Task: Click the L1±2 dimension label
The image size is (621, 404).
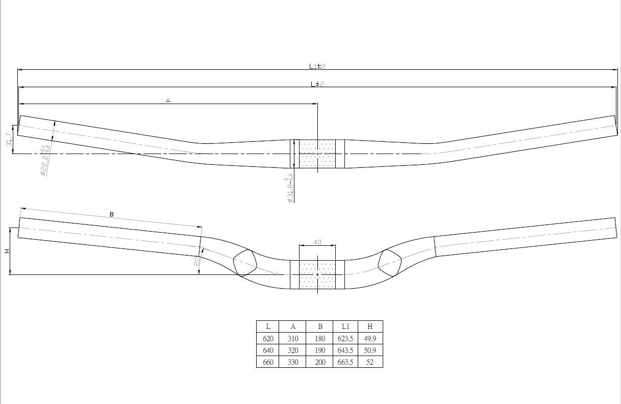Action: click(x=317, y=66)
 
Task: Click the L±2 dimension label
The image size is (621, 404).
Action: click(x=317, y=84)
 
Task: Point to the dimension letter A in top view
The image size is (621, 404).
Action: click(x=168, y=101)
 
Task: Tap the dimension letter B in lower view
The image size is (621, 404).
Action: click(x=111, y=215)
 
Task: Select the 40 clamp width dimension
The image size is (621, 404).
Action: click(x=317, y=243)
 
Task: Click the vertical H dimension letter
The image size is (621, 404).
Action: click(x=7, y=251)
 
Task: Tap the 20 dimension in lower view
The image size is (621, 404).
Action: click(x=196, y=261)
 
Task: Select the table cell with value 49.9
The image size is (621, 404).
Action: click(x=370, y=339)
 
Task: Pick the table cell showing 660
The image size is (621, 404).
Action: click(x=268, y=362)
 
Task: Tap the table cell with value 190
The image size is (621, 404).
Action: click(x=320, y=350)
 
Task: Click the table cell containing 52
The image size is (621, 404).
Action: click(x=370, y=362)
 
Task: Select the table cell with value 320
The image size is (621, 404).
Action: click(x=293, y=350)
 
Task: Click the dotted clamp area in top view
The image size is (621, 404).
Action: click(x=317, y=154)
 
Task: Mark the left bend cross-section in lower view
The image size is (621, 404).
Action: click(x=245, y=263)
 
